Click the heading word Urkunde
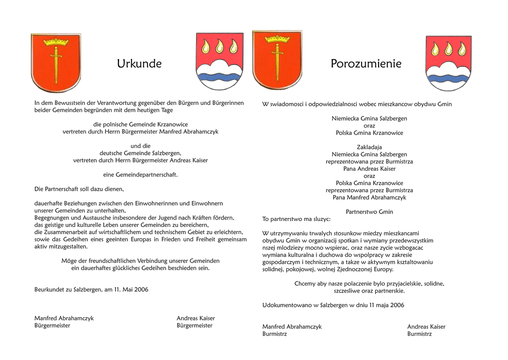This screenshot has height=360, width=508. point(139,64)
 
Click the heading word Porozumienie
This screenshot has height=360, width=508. point(366,64)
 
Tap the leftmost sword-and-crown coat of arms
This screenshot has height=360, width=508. point(56,63)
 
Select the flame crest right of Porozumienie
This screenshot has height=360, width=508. point(448,63)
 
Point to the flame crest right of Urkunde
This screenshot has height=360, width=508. point(219,61)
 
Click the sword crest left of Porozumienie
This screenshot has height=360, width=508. point(277,60)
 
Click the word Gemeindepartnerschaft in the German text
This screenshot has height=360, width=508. point(146,175)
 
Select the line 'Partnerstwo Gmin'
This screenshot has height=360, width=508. point(369,212)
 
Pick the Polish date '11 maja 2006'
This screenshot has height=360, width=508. point(386,305)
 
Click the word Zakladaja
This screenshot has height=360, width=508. point(369,147)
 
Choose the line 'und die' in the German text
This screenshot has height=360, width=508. point(140,146)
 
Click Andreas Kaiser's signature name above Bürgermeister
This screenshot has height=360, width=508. point(195,318)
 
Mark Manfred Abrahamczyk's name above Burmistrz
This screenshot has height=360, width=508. point(292,327)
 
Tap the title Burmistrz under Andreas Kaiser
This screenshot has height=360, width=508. point(419,334)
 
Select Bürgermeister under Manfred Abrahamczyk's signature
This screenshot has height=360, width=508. point(52,326)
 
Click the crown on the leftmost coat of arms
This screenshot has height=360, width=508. point(56,42)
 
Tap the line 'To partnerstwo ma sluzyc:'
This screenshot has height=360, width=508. point(296,219)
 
